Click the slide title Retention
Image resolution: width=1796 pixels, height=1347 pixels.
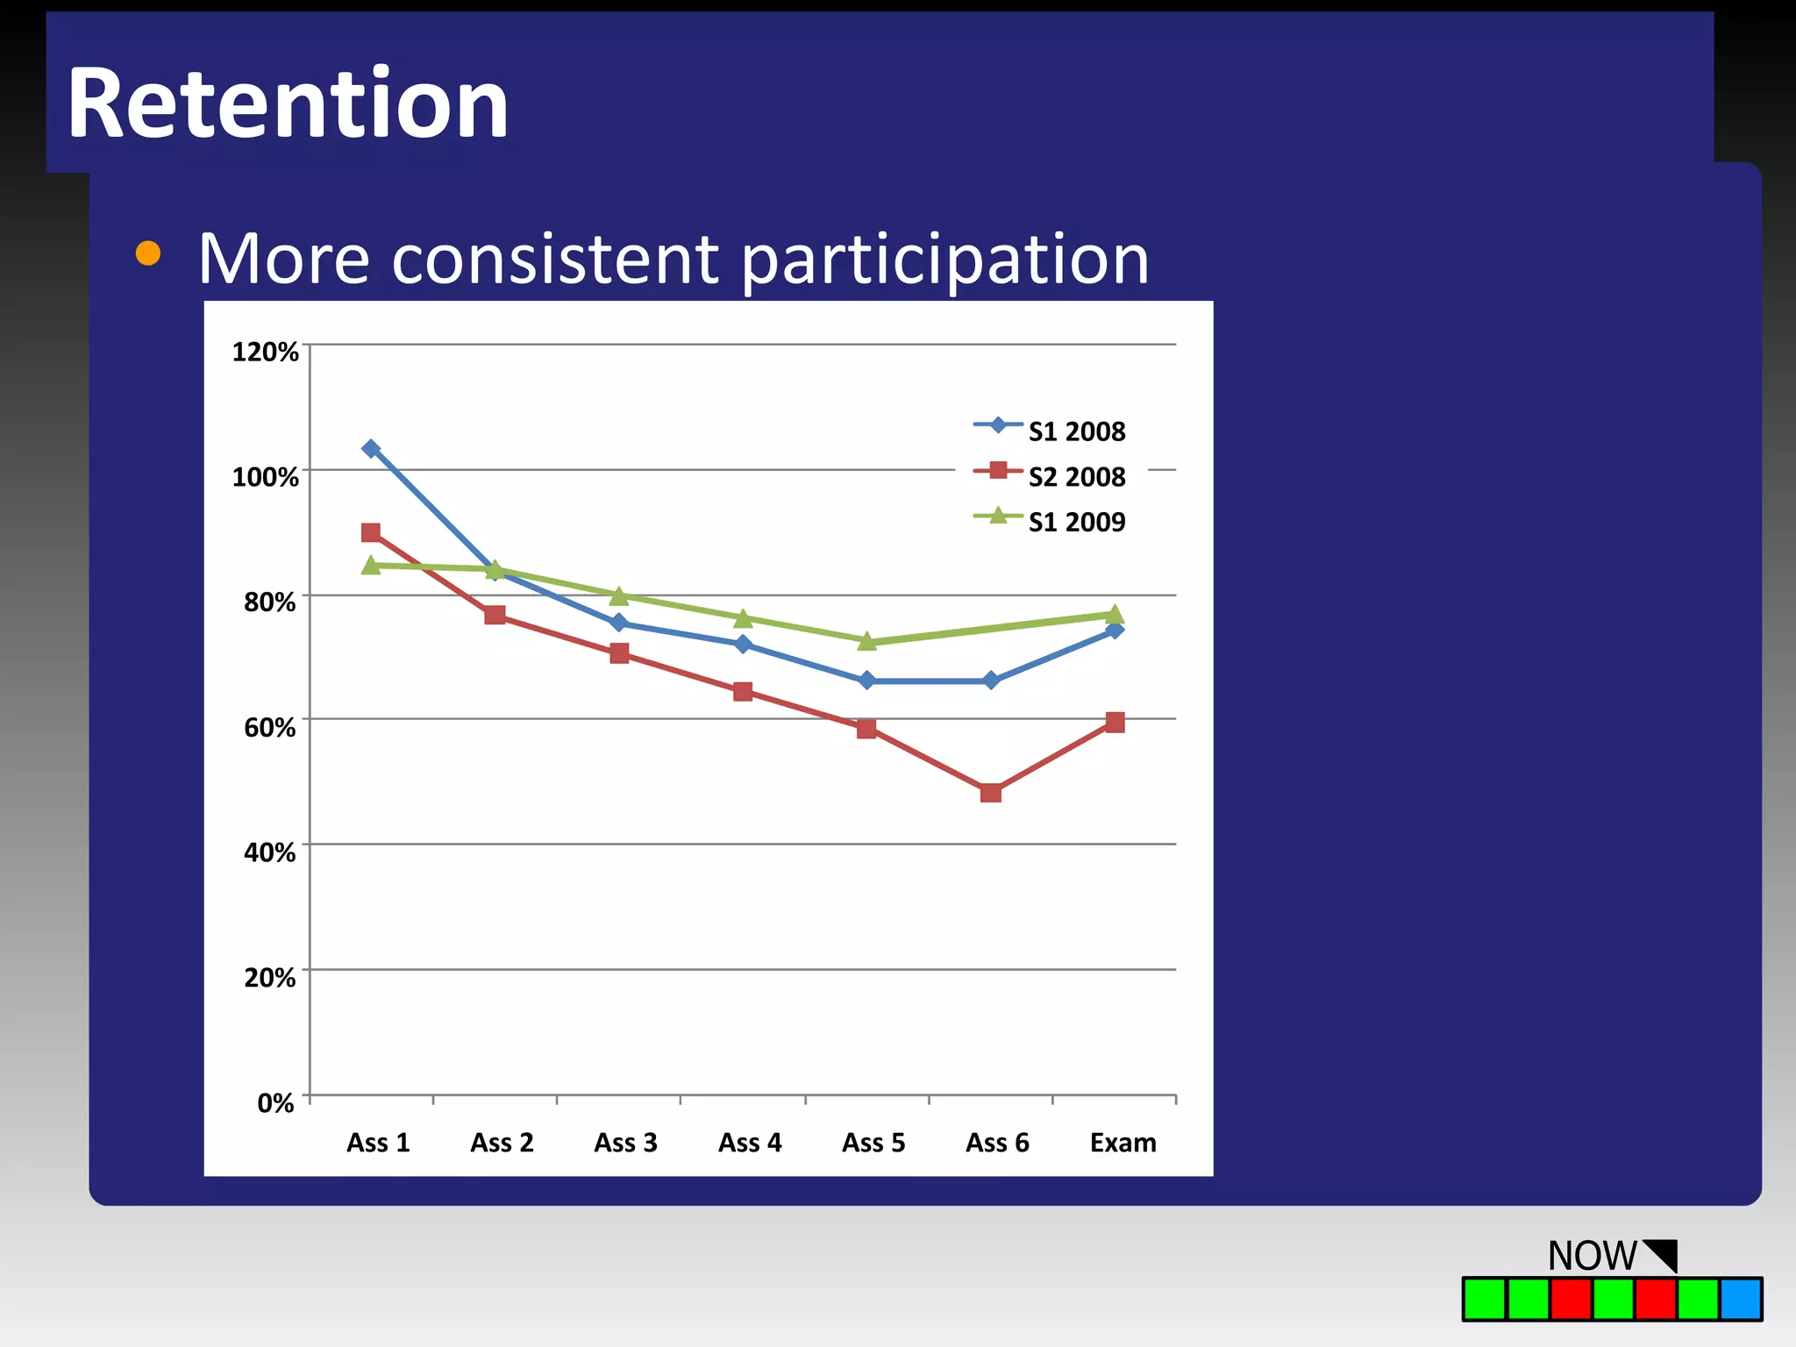click(288, 104)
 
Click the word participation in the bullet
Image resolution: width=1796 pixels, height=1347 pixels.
click(944, 260)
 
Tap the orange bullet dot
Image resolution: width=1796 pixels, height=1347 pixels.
click(148, 253)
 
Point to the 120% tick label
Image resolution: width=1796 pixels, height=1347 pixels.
click(265, 352)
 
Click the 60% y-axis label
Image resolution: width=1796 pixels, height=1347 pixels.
click(269, 727)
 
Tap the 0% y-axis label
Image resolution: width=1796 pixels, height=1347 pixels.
click(275, 1102)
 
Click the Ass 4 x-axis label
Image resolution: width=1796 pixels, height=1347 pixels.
click(750, 1143)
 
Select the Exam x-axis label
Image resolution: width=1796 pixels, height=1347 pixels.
click(1122, 1143)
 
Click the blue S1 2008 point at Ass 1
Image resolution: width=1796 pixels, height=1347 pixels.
click(371, 449)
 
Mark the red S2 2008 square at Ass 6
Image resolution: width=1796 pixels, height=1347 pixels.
click(991, 793)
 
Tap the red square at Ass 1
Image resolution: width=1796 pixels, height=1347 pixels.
click(371, 532)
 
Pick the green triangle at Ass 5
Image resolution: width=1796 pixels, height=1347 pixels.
click(866, 642)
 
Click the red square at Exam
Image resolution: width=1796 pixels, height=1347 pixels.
click(1115, 723)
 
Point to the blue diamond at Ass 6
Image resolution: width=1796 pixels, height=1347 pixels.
click(991, 681)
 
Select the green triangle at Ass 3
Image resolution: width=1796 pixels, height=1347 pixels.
click(619, 596)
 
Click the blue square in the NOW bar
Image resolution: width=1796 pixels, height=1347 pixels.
click(1741, 1300)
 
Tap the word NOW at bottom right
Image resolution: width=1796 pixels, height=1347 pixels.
click(1592, 1256)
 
